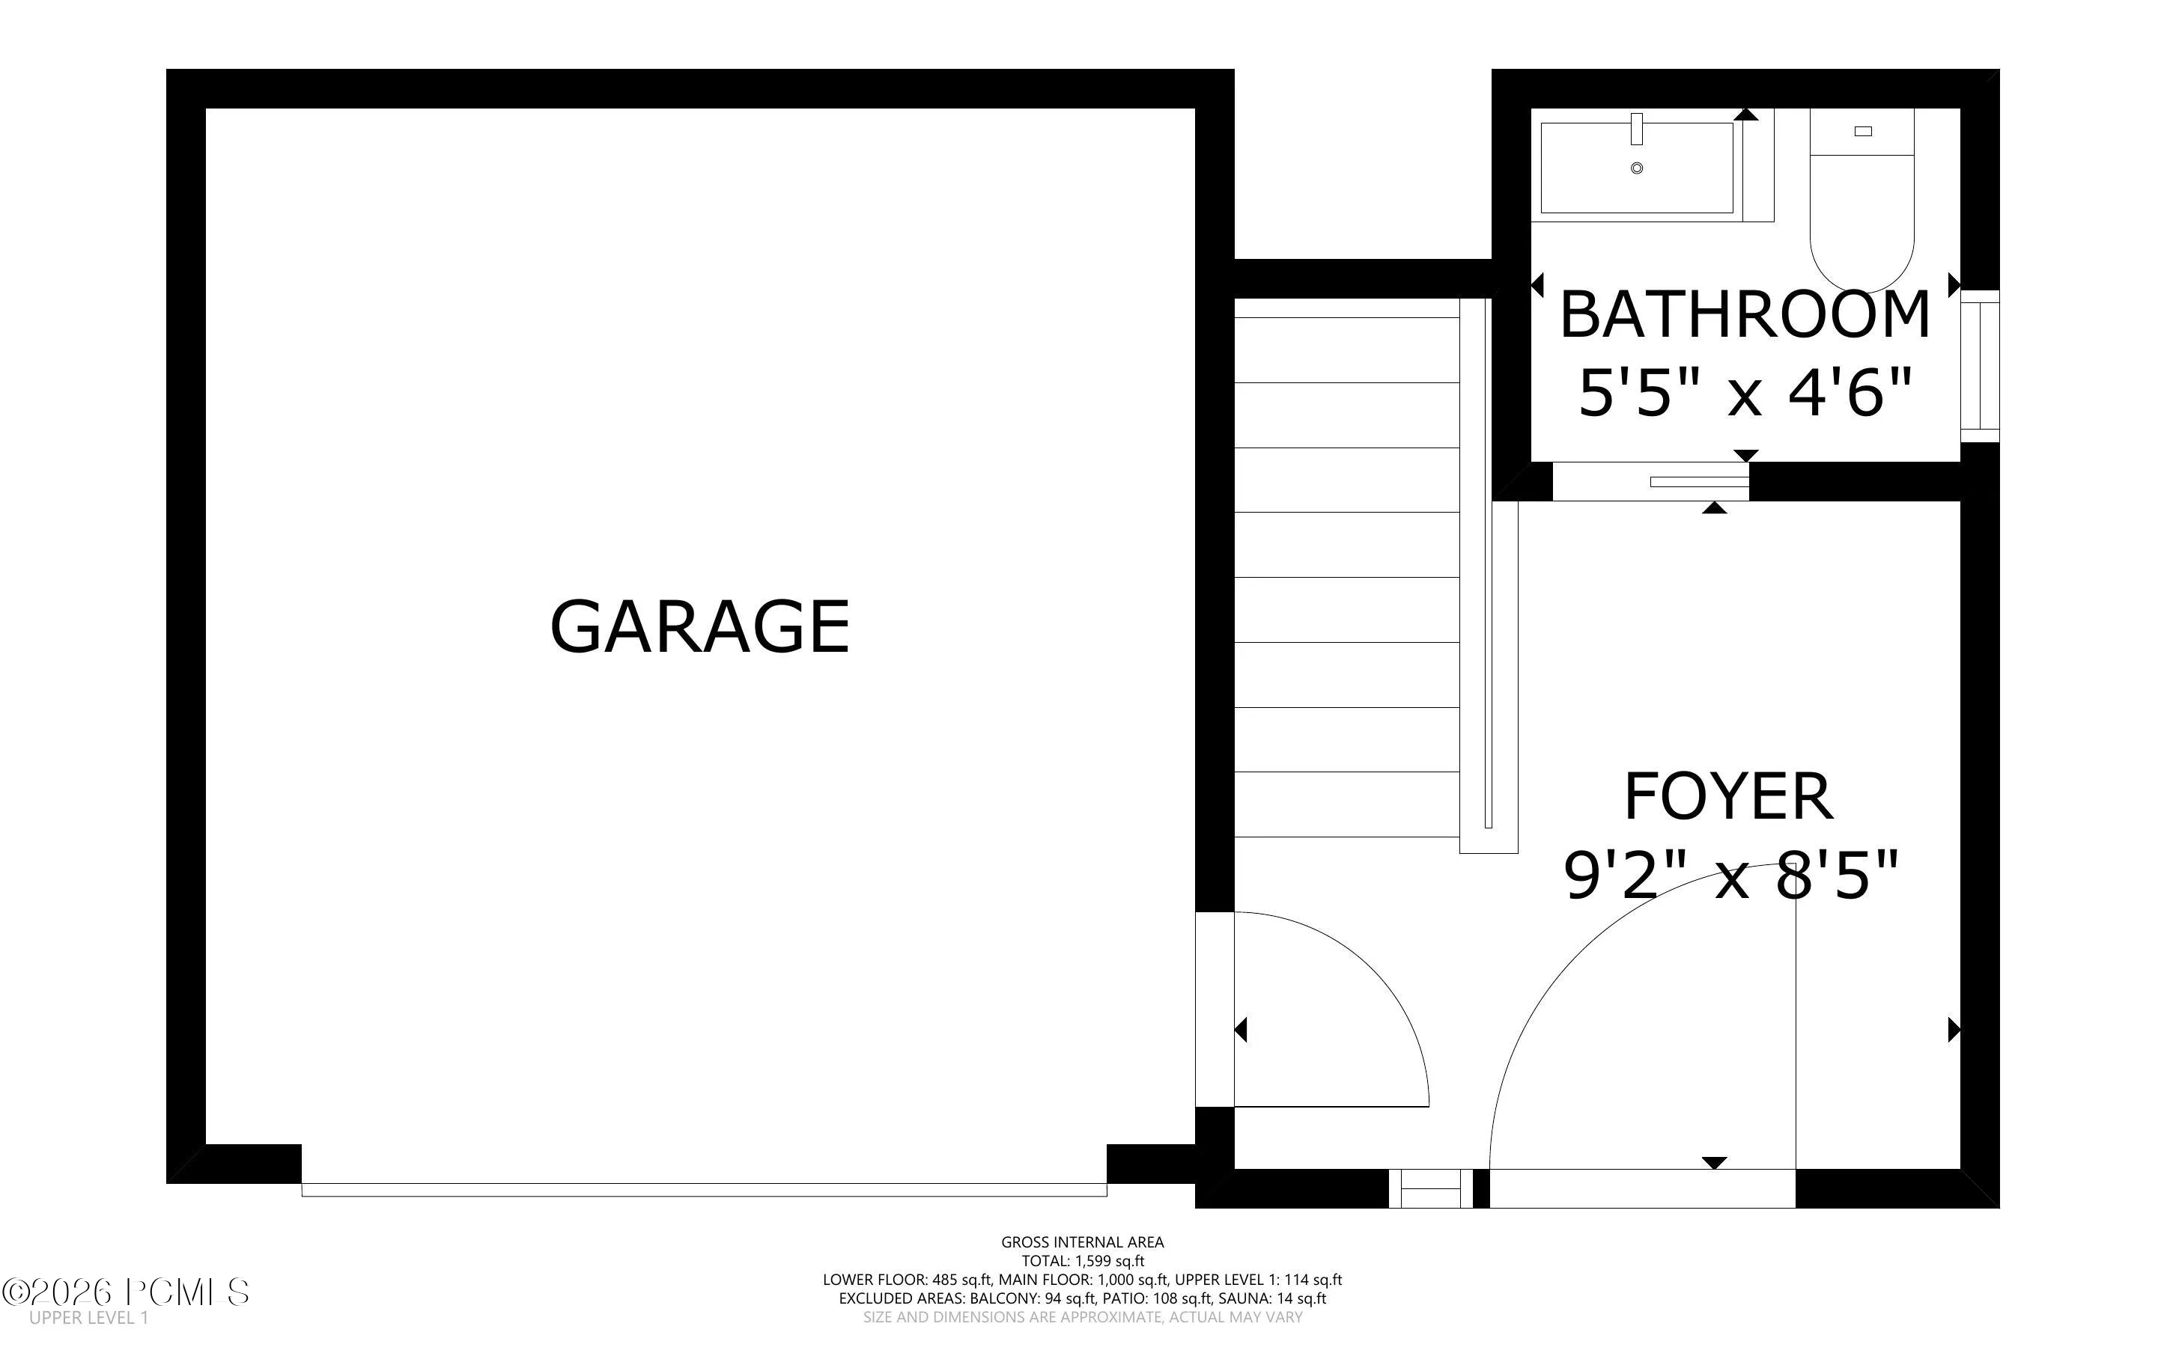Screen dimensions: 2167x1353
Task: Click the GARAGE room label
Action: point(699,627)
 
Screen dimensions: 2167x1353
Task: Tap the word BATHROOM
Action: point(1745,315)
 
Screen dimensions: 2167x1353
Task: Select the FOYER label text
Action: point(1728,796)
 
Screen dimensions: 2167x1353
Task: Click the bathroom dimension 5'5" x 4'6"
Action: point(1745,392)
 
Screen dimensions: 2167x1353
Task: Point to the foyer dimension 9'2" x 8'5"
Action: point(1730,875)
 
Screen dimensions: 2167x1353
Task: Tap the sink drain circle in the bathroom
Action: point(1637,168)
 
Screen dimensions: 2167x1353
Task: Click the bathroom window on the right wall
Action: point(1980,366)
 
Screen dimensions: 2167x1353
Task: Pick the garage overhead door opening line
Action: point(704,1190)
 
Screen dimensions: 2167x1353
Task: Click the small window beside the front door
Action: point(1430,1188)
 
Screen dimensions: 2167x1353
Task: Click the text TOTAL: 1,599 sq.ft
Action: point(1083,1262)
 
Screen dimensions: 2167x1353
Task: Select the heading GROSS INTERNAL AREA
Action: point(1082,1242)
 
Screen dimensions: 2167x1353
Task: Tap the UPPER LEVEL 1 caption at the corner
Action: point(88,1318)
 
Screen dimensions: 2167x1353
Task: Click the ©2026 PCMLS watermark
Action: point(125,1292)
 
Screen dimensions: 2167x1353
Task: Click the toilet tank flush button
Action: point(1863,132)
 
